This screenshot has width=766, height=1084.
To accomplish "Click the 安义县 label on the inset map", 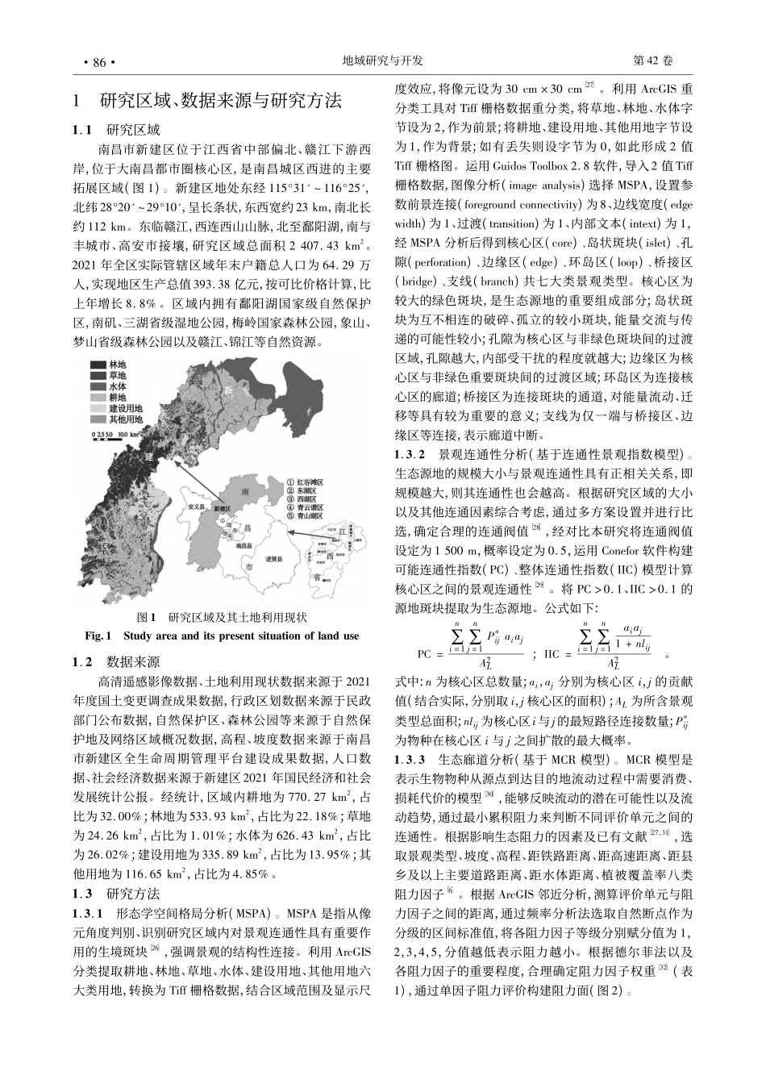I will tap(196, 509).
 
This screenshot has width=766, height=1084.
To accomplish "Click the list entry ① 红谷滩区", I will tap(306, 482).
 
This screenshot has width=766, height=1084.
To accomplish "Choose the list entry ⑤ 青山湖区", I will tap(306, 515).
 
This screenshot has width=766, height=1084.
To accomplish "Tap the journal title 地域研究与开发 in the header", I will tap(383, 61).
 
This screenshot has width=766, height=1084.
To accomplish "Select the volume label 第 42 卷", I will tap(655, 61).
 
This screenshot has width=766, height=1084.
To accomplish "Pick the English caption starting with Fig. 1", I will tap(222, 636).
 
